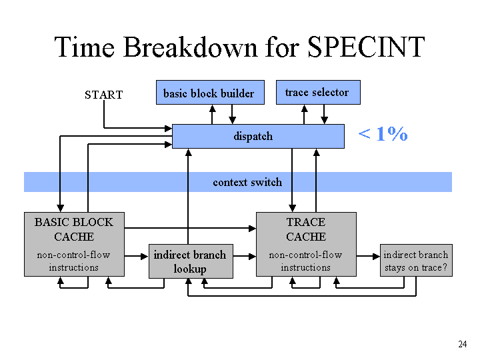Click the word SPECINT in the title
tap(366, 47)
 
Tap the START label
tap(104, 95)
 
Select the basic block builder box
tap(210, 93)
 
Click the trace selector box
tap(318, 92)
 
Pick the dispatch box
tap(258, 136)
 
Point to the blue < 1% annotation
tap(383, 134)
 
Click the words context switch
tap(247, 182)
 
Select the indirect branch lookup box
tap(191, 261)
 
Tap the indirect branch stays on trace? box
tap(416, 261)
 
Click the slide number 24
tap(462, 344)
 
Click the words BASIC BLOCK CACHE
tap(74, 229)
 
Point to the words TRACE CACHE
tap(306, 229)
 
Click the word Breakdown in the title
tap(191, 47)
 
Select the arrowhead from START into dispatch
tap(169, 128)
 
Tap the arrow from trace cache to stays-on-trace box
tap(368, 256)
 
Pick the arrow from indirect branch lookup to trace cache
tap(245, 256)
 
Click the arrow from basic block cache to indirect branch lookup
tap(137, 256)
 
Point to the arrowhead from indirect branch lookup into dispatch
tap(189, 152)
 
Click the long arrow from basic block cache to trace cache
tap(190, 228)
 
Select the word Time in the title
tap(85, 47)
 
